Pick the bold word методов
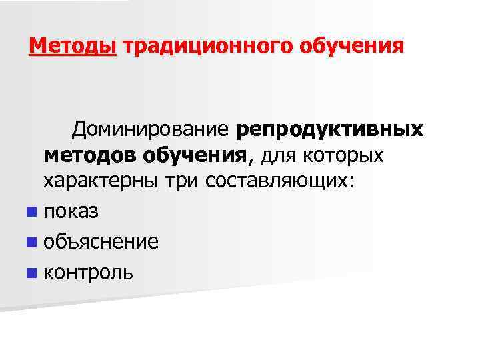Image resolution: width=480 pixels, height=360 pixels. coord(90,155)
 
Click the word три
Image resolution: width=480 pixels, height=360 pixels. coord(185,182)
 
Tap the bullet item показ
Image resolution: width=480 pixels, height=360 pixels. coord(71,212)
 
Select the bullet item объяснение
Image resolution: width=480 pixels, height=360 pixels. coord(101,241)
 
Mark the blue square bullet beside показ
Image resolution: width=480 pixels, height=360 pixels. coord(31,212)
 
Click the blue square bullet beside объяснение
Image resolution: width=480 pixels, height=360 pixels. coord(31,241)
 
